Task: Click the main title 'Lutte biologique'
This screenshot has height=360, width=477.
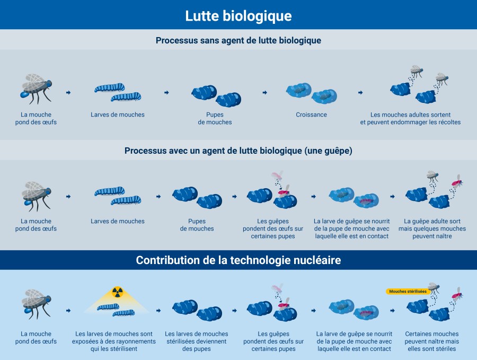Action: point(238,16)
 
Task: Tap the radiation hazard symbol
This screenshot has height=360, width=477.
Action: point(117,291)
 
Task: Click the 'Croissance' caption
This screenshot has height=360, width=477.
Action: point(312,115)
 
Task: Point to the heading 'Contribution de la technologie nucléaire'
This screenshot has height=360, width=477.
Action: point(238,260)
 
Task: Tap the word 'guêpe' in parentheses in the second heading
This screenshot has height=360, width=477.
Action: point(335,151)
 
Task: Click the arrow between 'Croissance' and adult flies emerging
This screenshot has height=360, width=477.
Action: point(360,92)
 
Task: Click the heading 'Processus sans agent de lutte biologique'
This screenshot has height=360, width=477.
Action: point(238,40)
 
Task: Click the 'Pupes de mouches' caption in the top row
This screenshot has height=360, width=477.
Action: point(215,118)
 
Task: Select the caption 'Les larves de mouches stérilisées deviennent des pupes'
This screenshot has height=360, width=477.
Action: point(197,341)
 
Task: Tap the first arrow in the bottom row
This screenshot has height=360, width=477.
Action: point(68,310)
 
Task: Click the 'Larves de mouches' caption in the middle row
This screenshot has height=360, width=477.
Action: point(118,221)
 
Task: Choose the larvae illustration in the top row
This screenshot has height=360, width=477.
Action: point(118,92)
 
